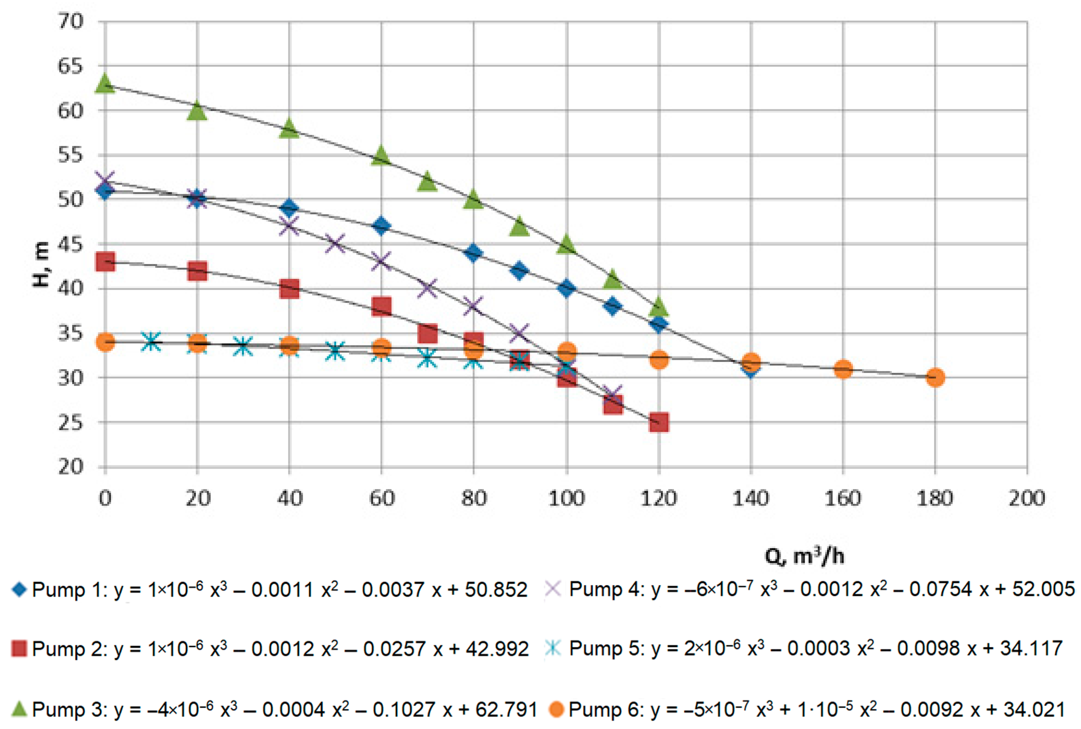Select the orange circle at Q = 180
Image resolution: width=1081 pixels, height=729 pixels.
(x=935, y=377)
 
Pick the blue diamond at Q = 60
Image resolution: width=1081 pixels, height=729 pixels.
(x=382, y=226)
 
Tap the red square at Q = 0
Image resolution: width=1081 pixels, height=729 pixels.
(x=105, y=262)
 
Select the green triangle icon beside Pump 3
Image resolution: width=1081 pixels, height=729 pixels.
(x=19, y=709)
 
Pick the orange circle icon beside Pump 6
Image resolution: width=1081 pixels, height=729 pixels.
(x=556, y=709)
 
